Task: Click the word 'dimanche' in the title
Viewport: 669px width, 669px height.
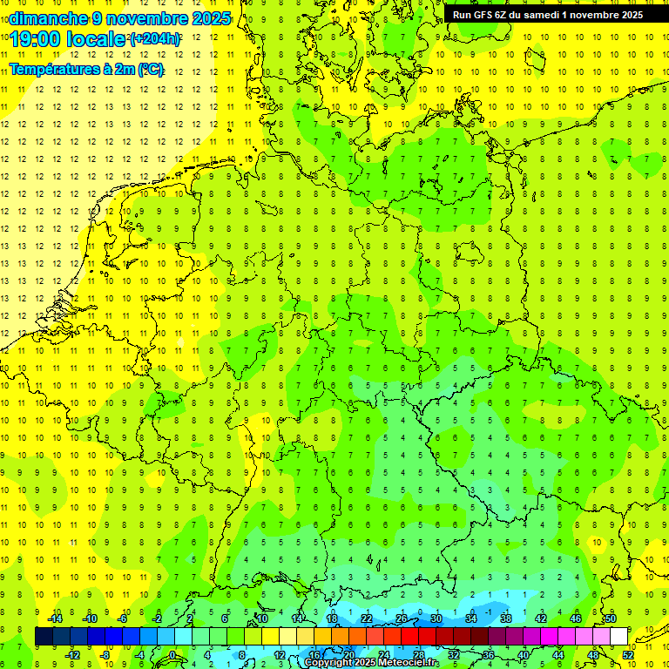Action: coord(49,18)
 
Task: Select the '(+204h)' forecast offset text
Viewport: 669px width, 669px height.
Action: coord(155,38)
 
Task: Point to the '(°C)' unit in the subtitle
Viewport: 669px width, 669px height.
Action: coord(150,70)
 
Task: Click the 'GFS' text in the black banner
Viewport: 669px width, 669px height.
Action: coord(485,14)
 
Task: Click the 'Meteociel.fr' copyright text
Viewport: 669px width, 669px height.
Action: coord(409,663)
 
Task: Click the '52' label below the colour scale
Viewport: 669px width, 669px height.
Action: coord(628,654)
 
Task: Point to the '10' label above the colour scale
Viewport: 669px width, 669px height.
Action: coord(262,618)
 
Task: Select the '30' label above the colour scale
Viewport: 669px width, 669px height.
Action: coord(436,618)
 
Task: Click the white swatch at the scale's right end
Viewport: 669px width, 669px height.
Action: coord(618,636)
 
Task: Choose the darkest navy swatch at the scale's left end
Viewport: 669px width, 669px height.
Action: coord(44,636)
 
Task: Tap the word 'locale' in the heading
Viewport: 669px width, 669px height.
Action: coord(98,39)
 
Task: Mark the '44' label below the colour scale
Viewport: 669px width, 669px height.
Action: coord(558,654)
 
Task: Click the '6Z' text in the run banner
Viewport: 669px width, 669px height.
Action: coord(503,14)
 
